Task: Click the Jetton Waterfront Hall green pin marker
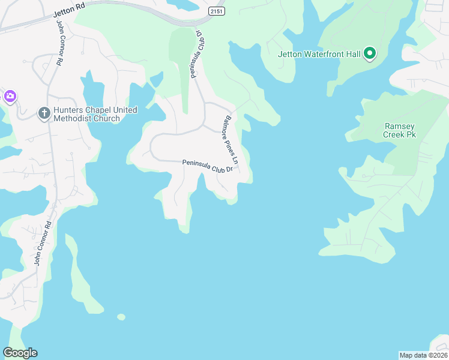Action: point(370,54)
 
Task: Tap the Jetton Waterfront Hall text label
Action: point(319,55)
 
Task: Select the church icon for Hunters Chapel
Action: point(44,113)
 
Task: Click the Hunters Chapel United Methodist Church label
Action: point(95,114)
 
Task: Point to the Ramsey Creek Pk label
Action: point(399,131)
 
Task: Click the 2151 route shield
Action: point(216,11)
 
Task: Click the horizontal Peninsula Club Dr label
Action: point(207,166)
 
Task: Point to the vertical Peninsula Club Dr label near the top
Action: point(197,54)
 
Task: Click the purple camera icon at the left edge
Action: point(10,96)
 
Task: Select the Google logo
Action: point(20,353)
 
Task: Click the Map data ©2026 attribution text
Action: point(423,355)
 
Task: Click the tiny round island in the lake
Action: point(121,317)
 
